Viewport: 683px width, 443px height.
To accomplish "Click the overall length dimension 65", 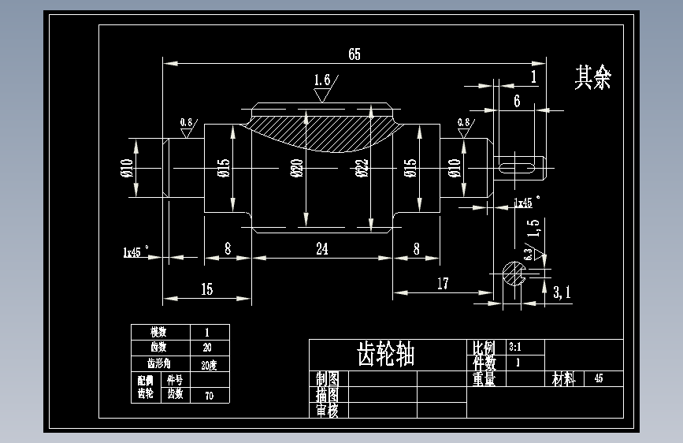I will [354, 54].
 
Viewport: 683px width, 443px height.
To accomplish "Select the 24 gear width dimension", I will [321, 249].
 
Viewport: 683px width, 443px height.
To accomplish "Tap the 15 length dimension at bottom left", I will [206, 289].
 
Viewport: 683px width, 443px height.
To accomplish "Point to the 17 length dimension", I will [442, 284].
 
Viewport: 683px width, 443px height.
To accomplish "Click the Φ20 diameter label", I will [297, 169].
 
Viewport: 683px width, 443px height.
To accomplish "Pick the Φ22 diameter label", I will [362, 169].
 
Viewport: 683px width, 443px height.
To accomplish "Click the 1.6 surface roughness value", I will [321, 80].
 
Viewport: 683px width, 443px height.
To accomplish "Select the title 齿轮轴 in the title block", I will [386, 354].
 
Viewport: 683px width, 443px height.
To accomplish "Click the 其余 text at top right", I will [592, 77].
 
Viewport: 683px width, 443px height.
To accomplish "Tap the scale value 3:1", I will [515, 347].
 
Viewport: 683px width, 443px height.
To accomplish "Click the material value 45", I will [599, 379].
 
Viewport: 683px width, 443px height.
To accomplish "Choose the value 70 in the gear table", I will [209, 396].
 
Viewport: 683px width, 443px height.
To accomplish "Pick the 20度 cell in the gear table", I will [209, 365].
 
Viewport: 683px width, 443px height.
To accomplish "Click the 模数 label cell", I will [160, 332].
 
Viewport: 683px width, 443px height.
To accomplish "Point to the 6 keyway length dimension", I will [517, 100].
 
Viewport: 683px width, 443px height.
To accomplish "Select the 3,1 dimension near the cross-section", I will [562, 292].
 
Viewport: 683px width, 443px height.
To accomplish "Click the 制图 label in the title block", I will [327, 378].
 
